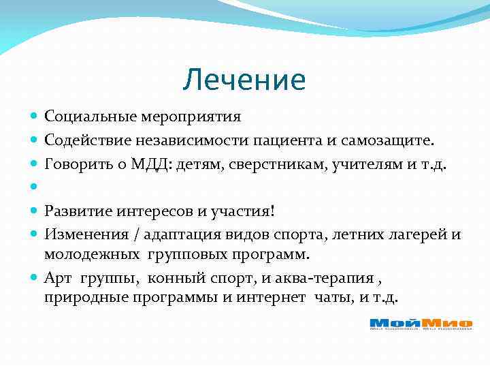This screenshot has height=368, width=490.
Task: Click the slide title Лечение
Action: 244,80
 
